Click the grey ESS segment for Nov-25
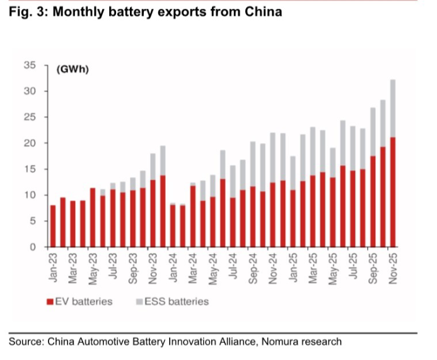coord(392,108)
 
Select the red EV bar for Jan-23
coord(53,226)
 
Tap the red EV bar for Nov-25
coord(392,192)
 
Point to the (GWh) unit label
coord(73,69)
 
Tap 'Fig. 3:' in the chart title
coord(26,12)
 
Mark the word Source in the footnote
coord(25,342)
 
